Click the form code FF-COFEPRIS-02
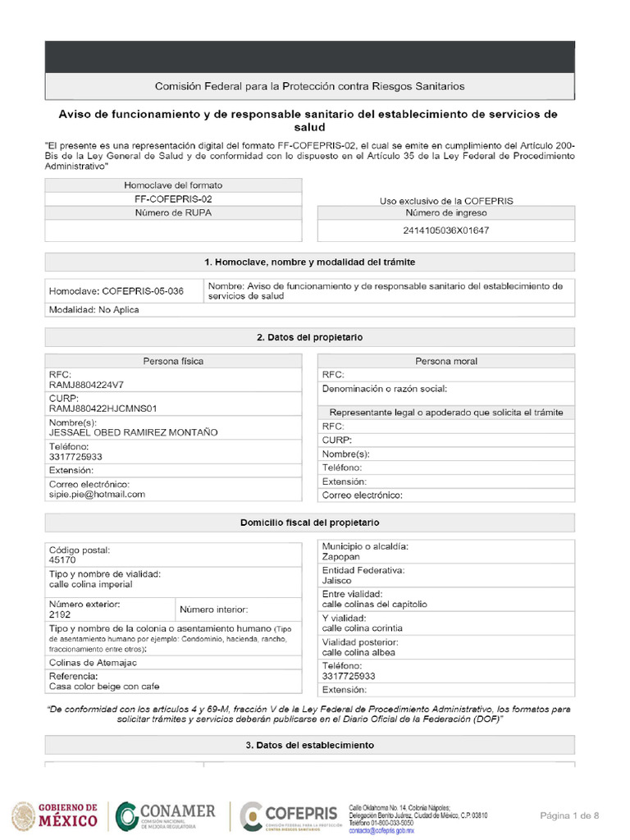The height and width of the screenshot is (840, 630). (x=173, y=199)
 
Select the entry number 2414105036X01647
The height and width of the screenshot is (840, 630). (x=446, y=231)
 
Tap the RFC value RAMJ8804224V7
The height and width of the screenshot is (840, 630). (x=86, y=384)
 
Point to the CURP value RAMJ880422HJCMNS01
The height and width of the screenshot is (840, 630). (x=103, y=408)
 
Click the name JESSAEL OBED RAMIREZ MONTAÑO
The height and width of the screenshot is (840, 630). (x=134, y=432)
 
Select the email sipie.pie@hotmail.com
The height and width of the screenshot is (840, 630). (x=97, y=495)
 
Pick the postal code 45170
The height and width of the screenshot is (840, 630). (x=62, y=560)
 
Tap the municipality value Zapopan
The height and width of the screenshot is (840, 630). (x=341, y=556)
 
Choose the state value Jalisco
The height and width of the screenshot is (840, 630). (x=337, y=580)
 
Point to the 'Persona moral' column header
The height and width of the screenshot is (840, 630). (x=445, y=361)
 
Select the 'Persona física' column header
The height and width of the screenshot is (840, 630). (x=173, y=361)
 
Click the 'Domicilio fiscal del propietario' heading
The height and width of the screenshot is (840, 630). (x=309, y=523)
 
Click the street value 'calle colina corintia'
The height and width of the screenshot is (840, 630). (x=362, y=628)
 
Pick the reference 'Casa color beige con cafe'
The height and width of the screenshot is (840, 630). (x=104, y=687)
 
